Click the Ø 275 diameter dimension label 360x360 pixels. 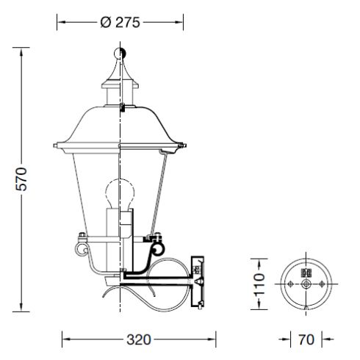(119, 22)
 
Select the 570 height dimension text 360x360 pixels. (21, 179)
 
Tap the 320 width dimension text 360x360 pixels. (139, 339)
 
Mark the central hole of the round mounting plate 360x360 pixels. (306, 284)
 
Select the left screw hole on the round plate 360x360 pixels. (292, 284)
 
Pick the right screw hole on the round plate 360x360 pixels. (320, 284)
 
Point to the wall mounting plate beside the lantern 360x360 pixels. (196, 281)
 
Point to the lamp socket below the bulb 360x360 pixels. (119, 224)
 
